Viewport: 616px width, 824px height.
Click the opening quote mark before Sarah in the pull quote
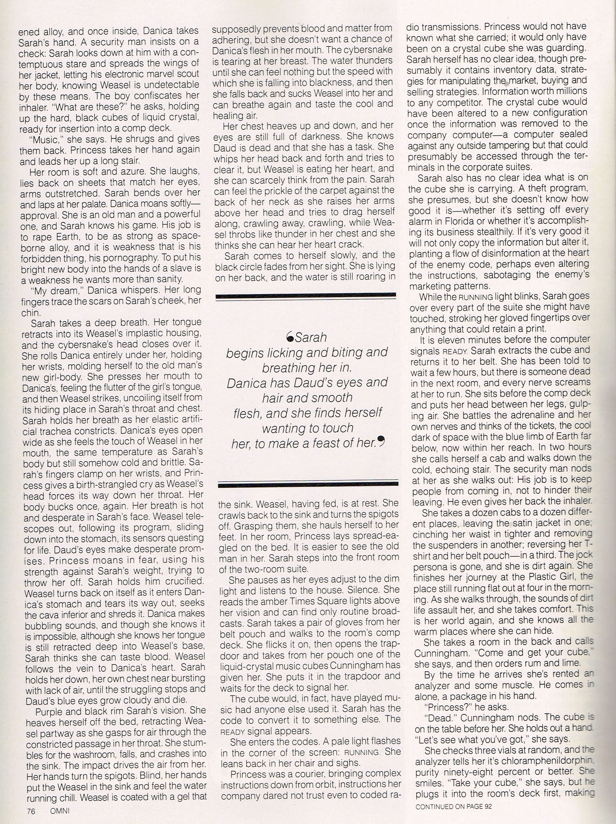click(x=289, y=337)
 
